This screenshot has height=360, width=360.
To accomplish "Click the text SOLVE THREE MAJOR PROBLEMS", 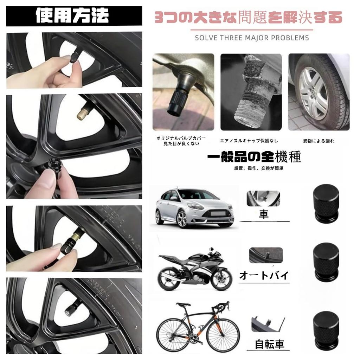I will point(252,38).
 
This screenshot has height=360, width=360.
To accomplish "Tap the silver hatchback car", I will point(194,208).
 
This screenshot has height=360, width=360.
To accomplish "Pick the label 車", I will point(264,214).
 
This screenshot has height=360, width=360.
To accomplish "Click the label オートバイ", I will point(264,275).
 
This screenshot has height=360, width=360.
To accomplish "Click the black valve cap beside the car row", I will point(326,203).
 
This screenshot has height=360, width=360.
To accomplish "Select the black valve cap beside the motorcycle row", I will point(326,262).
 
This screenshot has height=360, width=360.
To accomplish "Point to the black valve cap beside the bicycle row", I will point(326,331).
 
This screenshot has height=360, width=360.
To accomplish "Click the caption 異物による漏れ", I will point(319,141).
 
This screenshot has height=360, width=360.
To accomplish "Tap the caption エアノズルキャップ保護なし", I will point(249,141).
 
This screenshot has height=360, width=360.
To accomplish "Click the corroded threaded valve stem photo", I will point(251,92).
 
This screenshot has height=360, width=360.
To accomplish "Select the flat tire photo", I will point(319,92).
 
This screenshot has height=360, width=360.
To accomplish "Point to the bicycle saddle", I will point(183,304).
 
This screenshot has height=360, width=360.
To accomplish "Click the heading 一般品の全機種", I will point(254,157).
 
